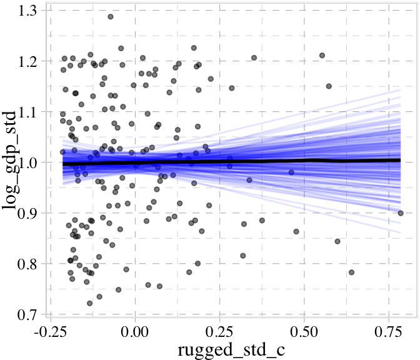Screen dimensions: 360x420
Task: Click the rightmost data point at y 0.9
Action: click(x=401, y=213)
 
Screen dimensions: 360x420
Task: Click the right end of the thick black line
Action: click(x=400, y=161)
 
